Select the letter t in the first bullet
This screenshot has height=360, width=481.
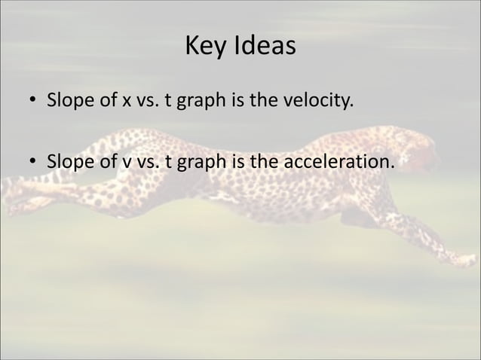167,101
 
